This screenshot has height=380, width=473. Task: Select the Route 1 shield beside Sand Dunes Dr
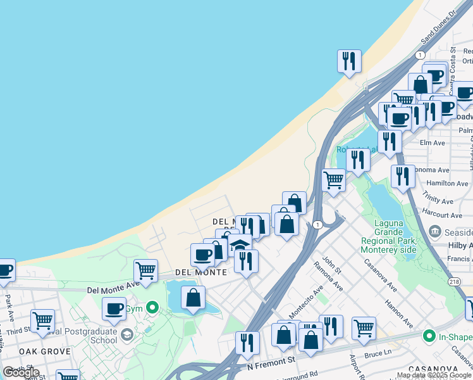[420, 56]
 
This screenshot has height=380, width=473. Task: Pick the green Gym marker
[152, 308]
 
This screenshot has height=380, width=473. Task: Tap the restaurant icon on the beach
[349, 62]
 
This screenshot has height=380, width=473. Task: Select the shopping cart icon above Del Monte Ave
[146, 271]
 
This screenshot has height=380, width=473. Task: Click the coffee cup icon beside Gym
[114, 308]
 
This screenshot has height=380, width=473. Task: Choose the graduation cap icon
[240, 245]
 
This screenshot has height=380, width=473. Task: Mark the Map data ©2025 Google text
[434, 375]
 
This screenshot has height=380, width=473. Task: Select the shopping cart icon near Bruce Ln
[364, 328]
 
